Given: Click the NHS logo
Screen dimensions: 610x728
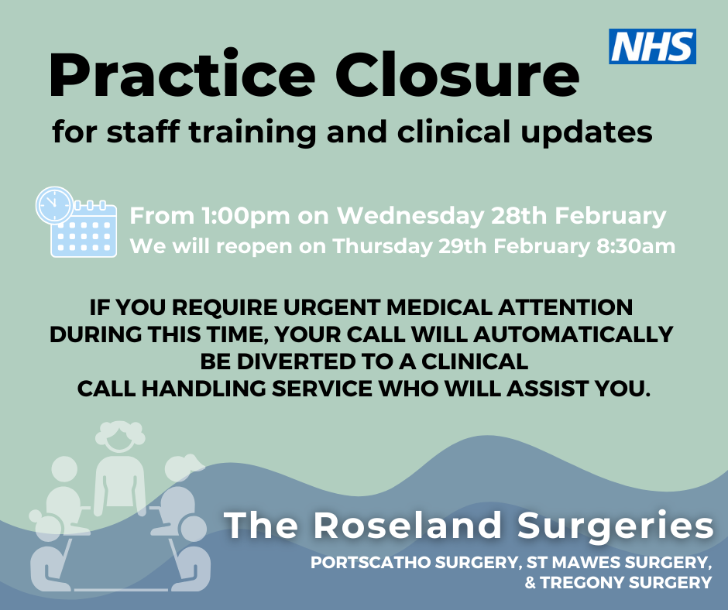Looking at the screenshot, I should (652, 46).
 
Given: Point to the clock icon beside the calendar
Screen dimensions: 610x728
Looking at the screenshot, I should (54, 206).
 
